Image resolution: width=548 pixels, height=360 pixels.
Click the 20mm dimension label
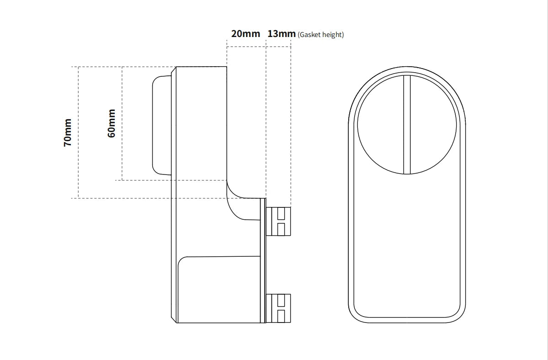tap(245, 34)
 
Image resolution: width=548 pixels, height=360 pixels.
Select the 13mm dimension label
tap(281, 34)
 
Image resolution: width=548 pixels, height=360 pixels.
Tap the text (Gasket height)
tap(320, 35)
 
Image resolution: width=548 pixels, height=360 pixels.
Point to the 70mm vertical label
tap(68, 132)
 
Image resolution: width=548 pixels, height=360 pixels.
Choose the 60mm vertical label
tap(112, 123)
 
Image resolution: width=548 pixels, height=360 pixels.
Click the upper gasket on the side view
tap(278, 221)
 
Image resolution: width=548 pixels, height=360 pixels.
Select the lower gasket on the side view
tap(278, 308)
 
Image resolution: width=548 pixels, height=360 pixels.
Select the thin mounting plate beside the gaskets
tap(263, 260)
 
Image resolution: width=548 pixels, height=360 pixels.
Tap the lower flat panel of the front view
tap(407, 247)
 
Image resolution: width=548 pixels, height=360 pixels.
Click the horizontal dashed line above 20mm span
tap(246, 47)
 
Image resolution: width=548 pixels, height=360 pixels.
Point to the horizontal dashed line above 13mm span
tap(278, 47)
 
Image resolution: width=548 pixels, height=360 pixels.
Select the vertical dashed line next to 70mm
tap(79, 132)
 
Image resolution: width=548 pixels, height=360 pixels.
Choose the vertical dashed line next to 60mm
tap(122, 123)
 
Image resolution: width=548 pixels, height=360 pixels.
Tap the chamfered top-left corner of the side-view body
tap(174, 69)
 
